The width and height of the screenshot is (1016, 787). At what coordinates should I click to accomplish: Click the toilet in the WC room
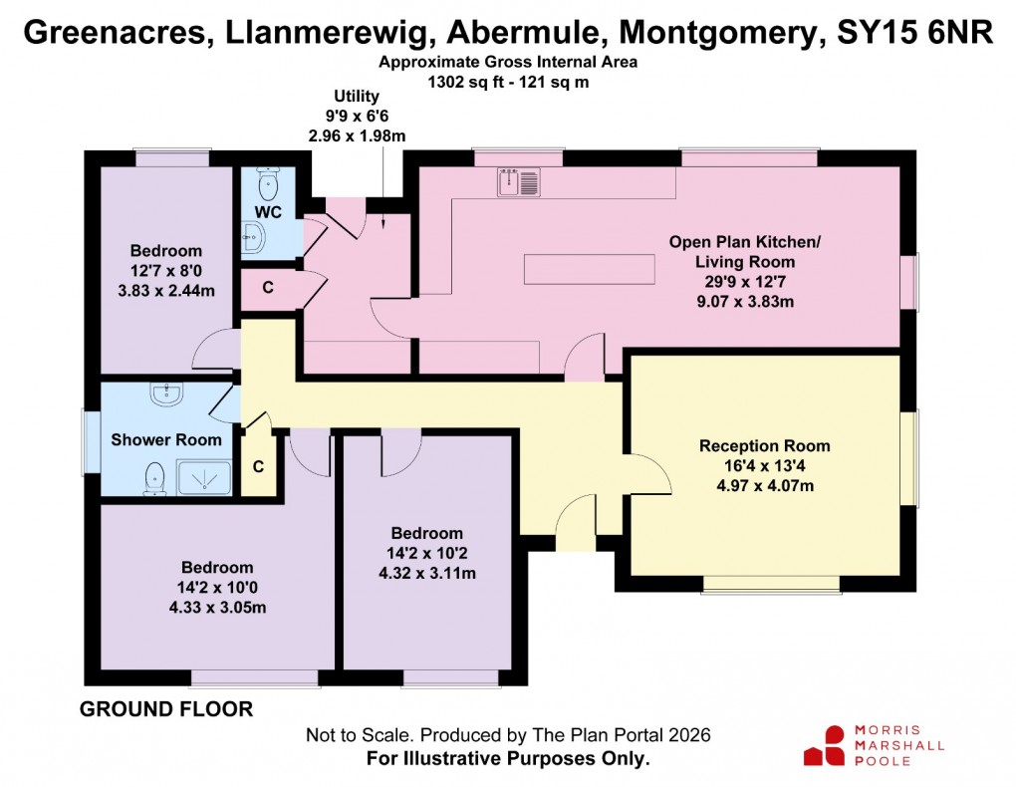click(x=267, y=183)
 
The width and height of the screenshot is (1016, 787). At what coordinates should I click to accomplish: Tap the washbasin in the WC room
click(x=252, y=237)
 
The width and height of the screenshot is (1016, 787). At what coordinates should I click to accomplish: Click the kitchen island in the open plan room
click(x=589, y=269)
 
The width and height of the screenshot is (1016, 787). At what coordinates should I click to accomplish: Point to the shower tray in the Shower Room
click(x=205, y=480)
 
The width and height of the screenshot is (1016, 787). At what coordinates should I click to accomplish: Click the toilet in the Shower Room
click(x=154, y=479)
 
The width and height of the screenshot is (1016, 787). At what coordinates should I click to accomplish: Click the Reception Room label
click(x=764, y=445)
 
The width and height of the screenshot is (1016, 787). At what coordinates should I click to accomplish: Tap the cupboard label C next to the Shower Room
click(x=258, y=466)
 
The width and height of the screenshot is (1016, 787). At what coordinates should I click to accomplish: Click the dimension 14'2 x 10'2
click(x=426, y=553)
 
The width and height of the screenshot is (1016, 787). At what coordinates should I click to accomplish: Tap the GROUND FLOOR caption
click(x=165, y=709)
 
